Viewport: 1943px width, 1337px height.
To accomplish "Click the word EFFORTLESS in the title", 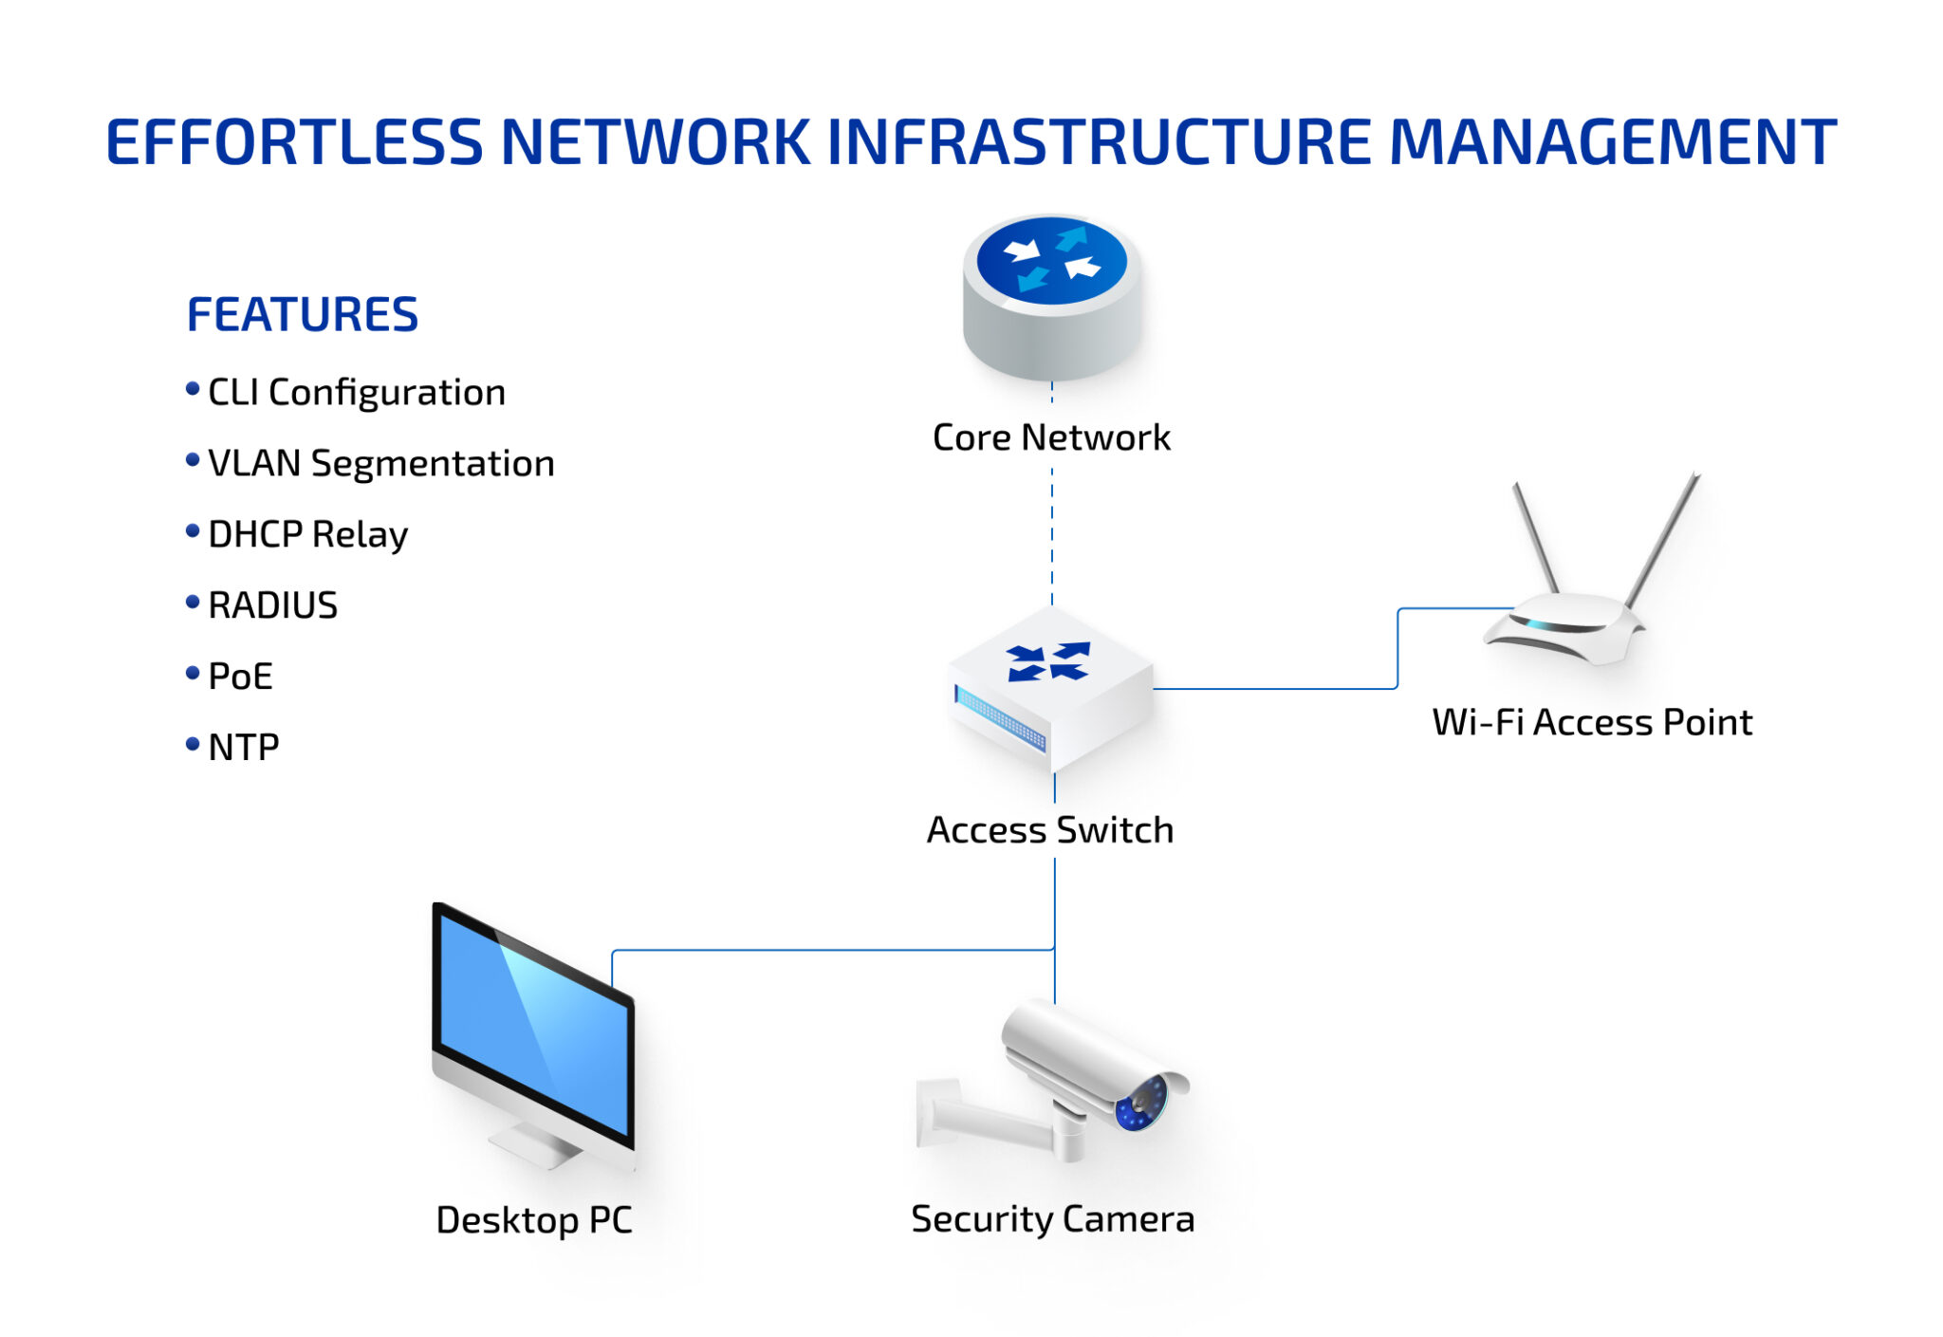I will click(x=294, y=142).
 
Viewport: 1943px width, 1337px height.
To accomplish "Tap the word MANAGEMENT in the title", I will click(x=1612, y=142).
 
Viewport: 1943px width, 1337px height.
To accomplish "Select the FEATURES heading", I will click(x=302, y=315).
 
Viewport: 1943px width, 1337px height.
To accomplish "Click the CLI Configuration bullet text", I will click(x=356, y=392).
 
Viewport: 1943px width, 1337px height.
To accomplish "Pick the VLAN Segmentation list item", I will click(x=380, y=463).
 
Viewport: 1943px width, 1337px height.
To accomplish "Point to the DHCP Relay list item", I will click(x=307, y=534).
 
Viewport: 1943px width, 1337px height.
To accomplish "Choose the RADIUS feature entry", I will click(x=272, y=605).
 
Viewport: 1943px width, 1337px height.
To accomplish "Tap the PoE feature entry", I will click(x=240, y=677).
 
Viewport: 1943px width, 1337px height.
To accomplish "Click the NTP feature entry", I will click(x=243, y=748).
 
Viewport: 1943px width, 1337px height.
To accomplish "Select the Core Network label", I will click(x=1051, y=437).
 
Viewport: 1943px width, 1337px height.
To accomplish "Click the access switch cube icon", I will click(x=1051, y=688).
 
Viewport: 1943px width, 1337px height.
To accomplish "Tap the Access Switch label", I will click(x=1049, y=830).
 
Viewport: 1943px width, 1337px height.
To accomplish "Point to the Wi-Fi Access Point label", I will click(x=1592, y=722).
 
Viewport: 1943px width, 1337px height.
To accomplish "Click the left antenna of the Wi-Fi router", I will click(x=1535, y=537).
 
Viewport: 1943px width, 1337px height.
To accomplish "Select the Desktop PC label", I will click(x=533, y=1220).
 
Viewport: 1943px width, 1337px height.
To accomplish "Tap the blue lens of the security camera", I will click(x=1141, y=1103).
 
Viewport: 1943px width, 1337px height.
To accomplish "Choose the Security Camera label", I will click(x=1052, y=1219).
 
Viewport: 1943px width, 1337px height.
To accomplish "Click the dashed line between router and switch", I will click(x=1052, y=531).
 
